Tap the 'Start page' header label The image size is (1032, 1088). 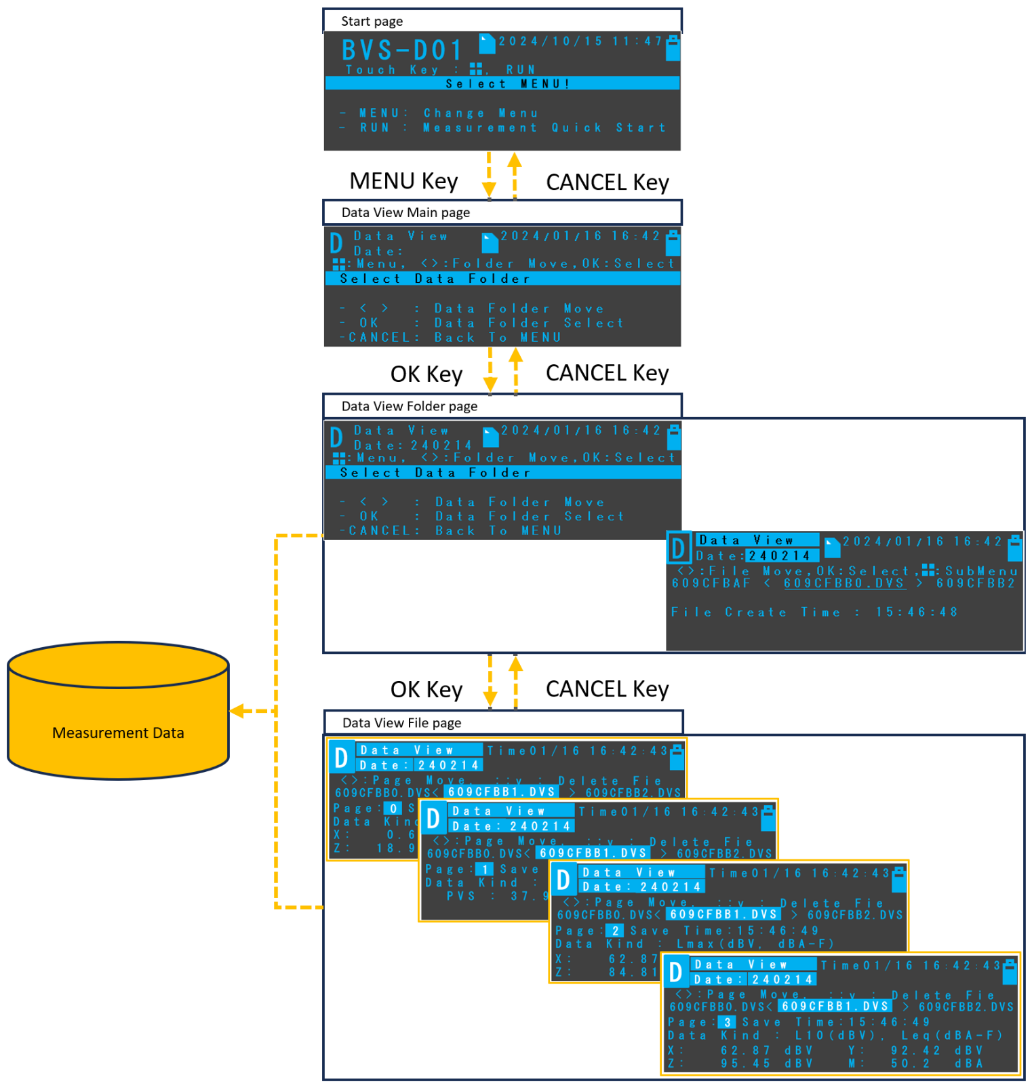point(372,21)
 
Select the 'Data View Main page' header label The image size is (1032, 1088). point(405,212)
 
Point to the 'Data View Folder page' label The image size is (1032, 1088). point(409,406)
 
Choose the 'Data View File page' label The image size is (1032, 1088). point(401,723)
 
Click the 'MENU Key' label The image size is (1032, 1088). point(403,181)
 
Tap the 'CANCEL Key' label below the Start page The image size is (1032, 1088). point(607,182)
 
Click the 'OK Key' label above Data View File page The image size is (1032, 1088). point(426,689)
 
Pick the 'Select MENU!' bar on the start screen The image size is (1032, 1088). point(502,84)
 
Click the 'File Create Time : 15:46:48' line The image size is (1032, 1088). point(814,612)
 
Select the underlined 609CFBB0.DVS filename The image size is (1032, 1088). point(844,583)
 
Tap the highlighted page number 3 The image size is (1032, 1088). point(727,1022)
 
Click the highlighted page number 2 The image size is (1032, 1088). point(614,931)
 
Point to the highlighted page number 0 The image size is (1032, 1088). point(393,808)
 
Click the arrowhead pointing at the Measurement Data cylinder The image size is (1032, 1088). point(237,711)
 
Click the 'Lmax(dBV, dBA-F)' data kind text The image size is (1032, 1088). point(755,944)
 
